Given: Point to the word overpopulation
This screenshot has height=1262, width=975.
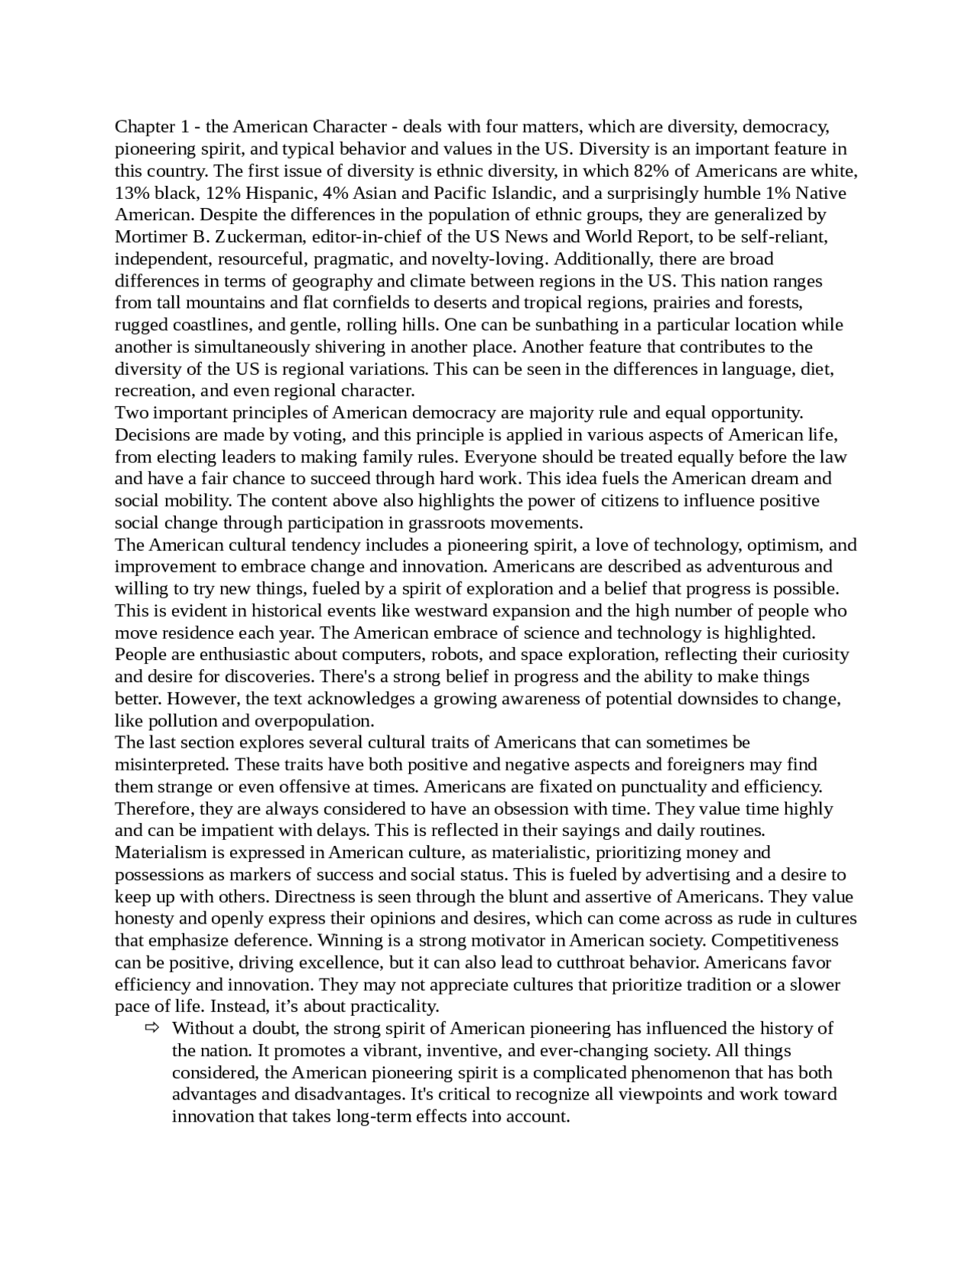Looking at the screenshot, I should (313, 721).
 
